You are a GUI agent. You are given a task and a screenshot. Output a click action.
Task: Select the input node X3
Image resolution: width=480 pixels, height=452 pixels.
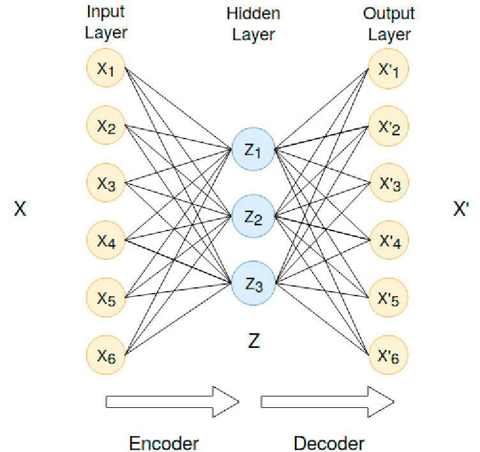pyautogui.click(x=107, y=183)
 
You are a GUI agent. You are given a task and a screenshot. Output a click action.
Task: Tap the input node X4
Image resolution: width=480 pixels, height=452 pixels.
pyautogui.click(x=107, y=241)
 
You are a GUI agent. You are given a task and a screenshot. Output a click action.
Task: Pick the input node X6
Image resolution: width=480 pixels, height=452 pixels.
pyautogui.click(x=107, y=355)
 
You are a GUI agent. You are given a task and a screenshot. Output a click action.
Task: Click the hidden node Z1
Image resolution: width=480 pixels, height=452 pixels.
pyautogui.click(x=253, y=150)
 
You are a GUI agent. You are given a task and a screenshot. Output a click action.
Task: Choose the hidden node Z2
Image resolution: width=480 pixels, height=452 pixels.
pyautogui.click(x=253, y=218)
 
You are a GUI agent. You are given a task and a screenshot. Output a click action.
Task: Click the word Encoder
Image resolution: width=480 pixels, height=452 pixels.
pyautogui.click(x=164, y=443)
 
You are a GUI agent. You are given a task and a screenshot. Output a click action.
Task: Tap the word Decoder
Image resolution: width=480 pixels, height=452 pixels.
pyautogui.click(x=329, y=443)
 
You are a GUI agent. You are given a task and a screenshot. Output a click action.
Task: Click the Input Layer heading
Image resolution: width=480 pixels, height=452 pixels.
pyautogui.click(x=107, y=24)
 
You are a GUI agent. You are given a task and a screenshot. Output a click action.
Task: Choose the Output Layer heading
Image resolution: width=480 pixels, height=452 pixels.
pyautogui.click(x=389, y=24)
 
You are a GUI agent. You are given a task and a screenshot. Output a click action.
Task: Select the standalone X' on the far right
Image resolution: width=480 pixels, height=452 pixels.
pyautogui.click(x=461, y=209)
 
